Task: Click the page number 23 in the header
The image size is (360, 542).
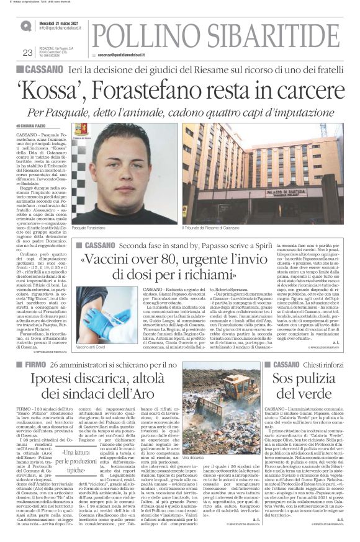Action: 27,53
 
